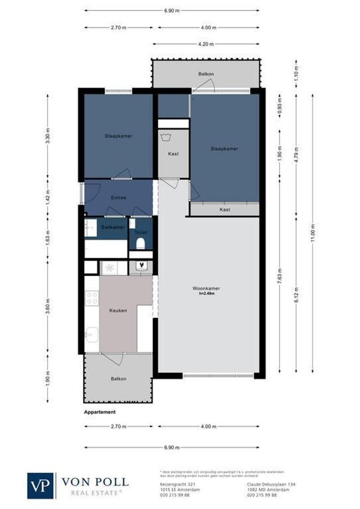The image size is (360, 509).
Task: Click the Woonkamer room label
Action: coord(206,288)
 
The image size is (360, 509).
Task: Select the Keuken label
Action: coord(118,311)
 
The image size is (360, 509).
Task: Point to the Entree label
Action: coord(118,198)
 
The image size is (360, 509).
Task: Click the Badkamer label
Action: coord(113,227)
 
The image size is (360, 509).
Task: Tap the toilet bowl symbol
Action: coord(140,244)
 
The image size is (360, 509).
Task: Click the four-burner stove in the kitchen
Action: coord(92,297)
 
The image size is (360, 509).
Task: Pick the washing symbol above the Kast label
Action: coord(165,138)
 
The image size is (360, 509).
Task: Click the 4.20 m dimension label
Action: coord(207,44)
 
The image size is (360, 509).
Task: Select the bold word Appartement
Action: coord(99,412)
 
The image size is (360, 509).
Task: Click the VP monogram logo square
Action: coord(41,485)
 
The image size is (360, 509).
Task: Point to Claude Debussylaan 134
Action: coord(268,484)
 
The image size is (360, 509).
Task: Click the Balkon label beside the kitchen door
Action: coord(118,378)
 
